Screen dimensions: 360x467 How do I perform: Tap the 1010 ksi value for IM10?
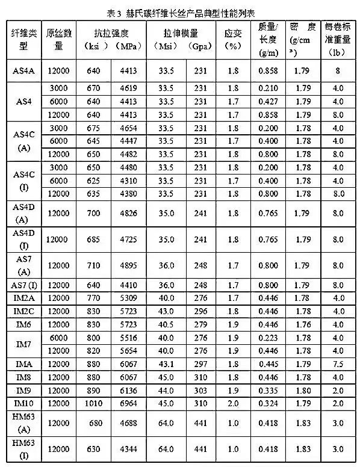click(x=95, y=402)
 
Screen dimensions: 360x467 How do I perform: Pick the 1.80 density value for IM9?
click(x=304, y=390)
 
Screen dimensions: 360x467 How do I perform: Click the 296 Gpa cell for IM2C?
click(x=200, y=312)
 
